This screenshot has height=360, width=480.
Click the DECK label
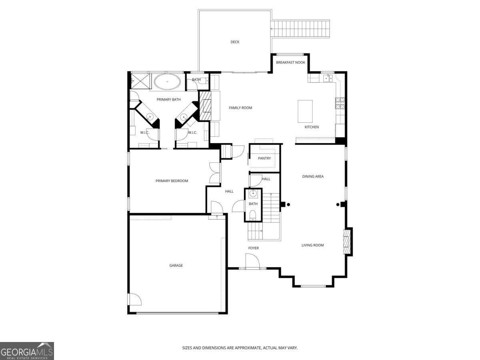tap(235, 42)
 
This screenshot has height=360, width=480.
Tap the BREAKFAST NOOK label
tap(290, 62)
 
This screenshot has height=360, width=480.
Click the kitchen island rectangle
tap(305, 111)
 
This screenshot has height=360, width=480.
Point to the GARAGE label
tap(176, 265)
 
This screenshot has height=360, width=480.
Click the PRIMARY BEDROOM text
tap(172, 181)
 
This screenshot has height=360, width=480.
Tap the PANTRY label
tap(264, 158)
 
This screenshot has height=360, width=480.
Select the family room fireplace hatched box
tap(205, 106)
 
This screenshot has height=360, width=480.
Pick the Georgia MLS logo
tap(27, 351)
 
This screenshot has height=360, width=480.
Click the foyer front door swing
tap(252, 262)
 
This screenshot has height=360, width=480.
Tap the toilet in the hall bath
tap(253, 216)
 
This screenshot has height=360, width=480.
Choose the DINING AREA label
tap(312, 176)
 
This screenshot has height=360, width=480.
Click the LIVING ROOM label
tap(312, 245)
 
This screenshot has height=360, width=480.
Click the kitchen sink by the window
tap(328, 78)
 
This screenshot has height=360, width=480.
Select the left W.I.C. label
tap(144, 132)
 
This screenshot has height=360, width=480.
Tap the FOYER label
tap(253, 248)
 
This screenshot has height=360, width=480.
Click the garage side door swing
tap(134, 300)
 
